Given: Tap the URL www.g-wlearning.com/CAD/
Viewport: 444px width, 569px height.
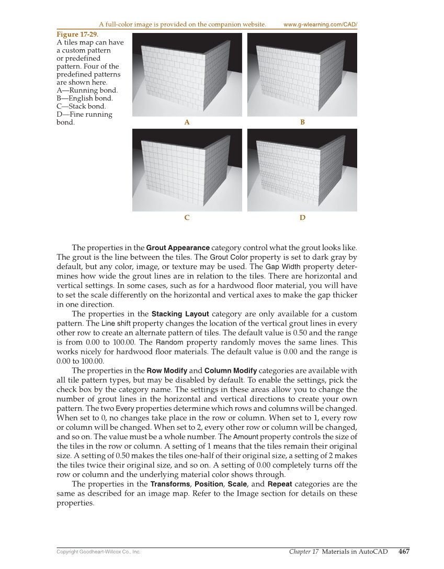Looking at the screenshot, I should tap(320, 25).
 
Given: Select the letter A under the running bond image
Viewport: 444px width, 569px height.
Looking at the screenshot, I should tap(187, 122).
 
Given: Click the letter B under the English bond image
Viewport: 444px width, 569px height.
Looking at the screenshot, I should tap(302, 122).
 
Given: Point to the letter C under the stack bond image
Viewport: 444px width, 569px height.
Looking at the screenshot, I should tap(187, 217).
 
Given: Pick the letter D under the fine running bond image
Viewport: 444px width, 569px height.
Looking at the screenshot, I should tap(302, 217).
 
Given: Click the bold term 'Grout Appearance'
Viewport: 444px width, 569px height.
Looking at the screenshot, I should tap(178, 247).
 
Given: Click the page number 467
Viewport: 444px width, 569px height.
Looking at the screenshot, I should tap(404, 551).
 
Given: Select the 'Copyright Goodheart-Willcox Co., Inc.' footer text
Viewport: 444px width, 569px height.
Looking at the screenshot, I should tap(98, 552).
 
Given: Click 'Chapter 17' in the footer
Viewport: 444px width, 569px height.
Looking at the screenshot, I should tap(304, 551).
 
